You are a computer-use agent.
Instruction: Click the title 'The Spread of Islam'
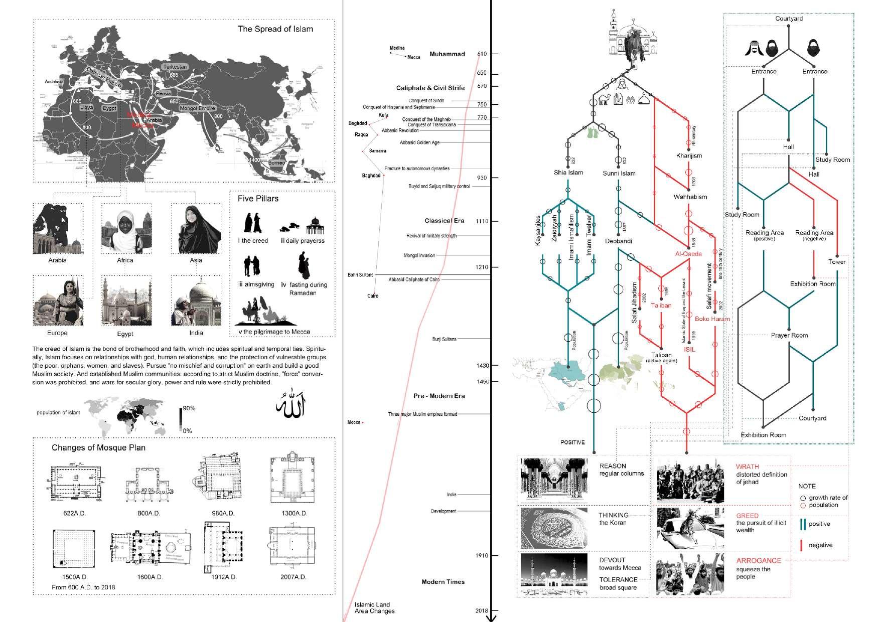[x=275, y=29]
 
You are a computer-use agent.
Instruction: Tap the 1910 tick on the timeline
[x=482, y=556]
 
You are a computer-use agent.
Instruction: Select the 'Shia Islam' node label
[x=568, y=173]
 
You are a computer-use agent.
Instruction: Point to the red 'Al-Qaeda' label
[x=688, y=254]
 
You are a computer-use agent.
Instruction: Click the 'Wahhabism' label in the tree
[x=690, y=197]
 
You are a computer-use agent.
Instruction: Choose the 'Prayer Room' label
[x=789, y=335]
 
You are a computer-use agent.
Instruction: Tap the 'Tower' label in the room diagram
[x=837, y=262]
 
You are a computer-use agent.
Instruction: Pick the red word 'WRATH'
[x=747, y=466]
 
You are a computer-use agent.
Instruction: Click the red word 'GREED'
[x=747, y=516]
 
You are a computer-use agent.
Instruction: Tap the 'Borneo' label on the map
[x=276, y=163]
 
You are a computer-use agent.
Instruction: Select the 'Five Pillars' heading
[x=258, y=199]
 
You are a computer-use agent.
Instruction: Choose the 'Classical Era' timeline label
[x=444, y=221]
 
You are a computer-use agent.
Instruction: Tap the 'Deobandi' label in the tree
[x=619, y=241]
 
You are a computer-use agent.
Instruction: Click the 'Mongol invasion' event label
[x=419, y=256]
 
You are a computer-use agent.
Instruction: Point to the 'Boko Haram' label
[x=712, y=319]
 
